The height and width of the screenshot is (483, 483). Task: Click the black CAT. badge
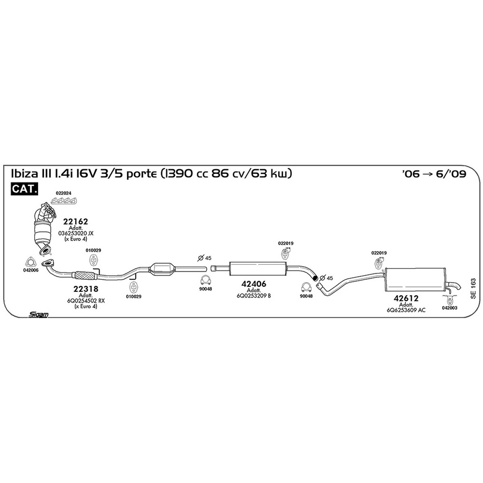tap(24, 189)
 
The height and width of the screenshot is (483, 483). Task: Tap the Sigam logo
tap(38, 315)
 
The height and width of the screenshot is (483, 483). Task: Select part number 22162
tap(75, 221)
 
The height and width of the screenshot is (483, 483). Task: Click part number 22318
tap(86, 289)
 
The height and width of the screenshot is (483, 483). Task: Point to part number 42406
tap(254, 284)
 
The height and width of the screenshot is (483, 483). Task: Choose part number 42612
tap(406, 298)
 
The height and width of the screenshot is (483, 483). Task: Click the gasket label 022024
tap(64, 193)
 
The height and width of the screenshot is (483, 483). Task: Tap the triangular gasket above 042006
tap(31, 262)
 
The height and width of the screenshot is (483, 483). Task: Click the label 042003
tap(450, 308)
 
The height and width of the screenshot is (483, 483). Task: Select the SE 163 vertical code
tap(473, 288)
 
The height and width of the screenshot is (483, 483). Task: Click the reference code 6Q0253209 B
tap(254, 296)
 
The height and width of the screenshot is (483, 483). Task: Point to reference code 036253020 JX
tap(76, 233)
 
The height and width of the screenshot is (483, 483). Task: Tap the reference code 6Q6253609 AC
tap(406, 310)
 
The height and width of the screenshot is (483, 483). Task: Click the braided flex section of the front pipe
tap(85, 275)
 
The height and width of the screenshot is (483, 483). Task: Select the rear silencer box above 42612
tap(415, 280)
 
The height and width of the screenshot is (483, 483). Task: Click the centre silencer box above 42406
tap(258, 269)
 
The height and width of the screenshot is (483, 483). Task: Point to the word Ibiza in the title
tap(24, 173)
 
